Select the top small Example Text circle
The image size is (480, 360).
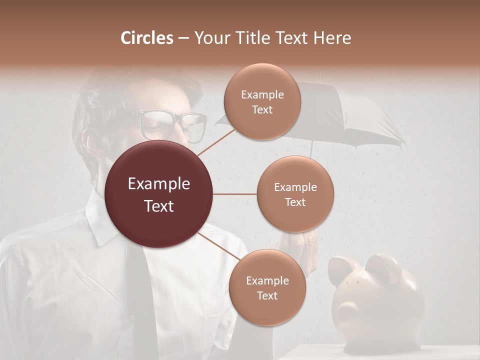[262, 102]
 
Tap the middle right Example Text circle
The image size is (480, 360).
[295, 194]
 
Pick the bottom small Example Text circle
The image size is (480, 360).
[267, 288]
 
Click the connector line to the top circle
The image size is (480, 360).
[216, 142]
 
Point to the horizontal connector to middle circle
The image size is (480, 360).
[235, 194]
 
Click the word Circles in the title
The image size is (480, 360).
[147, 38]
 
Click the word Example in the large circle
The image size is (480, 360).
[159, 184]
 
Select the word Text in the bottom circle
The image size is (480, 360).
[267, 295]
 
